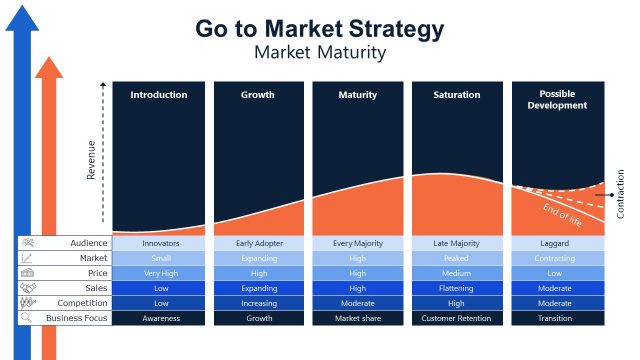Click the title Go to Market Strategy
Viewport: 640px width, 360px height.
(x=319, y=29)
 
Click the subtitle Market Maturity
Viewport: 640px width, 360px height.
(x=319, y=52)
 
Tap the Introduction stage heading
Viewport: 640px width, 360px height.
(x=159, y=95)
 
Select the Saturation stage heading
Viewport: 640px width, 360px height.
(x=457, y=95)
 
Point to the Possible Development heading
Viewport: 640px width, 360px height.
(x=557, y=100)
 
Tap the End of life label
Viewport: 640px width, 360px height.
(x=562, y=214)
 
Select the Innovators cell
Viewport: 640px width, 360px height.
(x=159, y=243)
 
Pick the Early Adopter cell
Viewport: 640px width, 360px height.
(x=259, y=243)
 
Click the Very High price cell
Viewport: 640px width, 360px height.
(x=159, y=273)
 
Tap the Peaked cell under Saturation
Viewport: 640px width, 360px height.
(x=457, y=258)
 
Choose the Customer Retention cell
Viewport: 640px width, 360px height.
(x=457, y=318)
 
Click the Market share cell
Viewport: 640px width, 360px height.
(x=358, y=318)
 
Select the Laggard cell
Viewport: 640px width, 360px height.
(x=557, y=243)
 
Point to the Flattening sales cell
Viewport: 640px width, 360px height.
(x=457, y=288)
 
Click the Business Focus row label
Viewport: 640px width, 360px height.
(x=77, y=318)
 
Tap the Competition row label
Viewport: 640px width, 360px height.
(x=82, y=303)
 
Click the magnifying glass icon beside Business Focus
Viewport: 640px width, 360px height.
(x=27, y=318)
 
